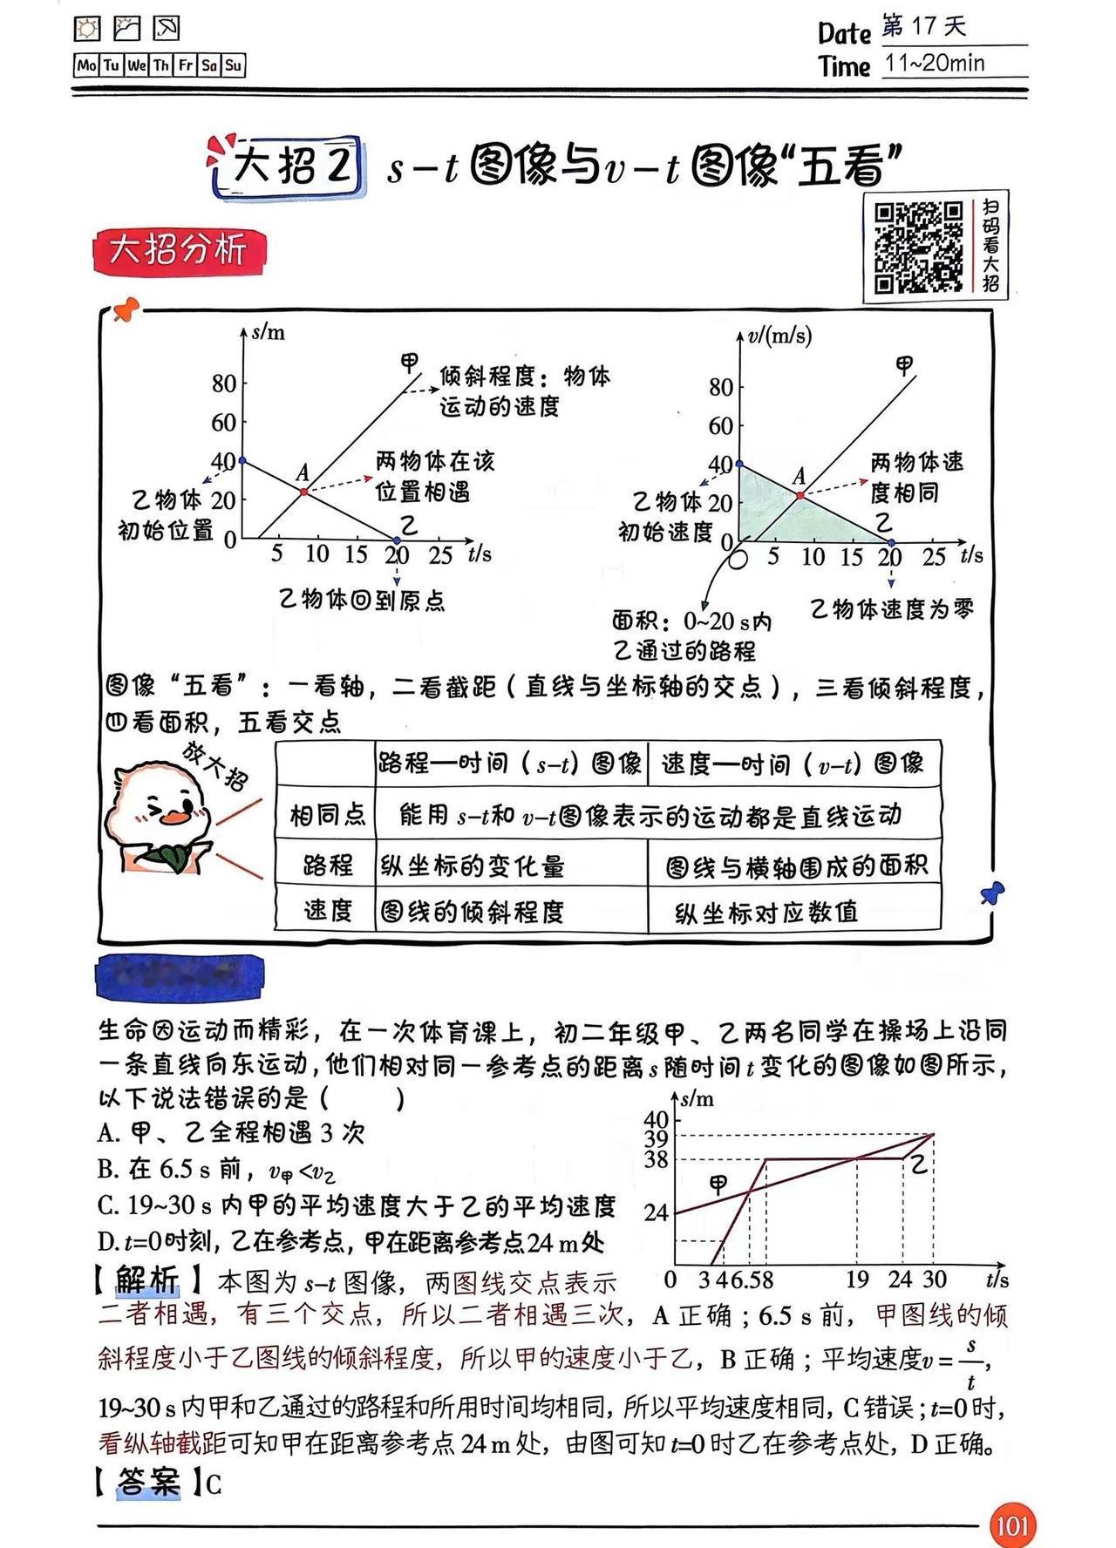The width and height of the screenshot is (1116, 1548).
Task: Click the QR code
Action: point(918,247)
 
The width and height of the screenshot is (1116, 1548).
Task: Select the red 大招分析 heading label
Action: point(178,251)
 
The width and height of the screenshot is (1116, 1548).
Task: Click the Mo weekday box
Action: point(86,65)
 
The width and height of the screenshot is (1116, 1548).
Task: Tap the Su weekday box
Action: point(234,65)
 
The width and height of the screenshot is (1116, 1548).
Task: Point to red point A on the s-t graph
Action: point(304,492)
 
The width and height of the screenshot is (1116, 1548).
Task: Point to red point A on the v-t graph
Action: point(800,495)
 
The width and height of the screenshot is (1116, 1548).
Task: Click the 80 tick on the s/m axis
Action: point(224,384)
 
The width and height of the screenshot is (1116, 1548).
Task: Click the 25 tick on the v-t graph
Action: point(934,558)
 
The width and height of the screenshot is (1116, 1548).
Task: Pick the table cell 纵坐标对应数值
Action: point(767,913)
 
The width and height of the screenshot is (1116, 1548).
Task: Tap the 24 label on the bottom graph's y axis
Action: point(656,1212)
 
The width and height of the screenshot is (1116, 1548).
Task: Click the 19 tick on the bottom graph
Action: point(857,1280)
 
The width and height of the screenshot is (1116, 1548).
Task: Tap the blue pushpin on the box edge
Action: point(992,893)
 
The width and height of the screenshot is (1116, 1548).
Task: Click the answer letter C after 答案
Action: point(214,1484)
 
